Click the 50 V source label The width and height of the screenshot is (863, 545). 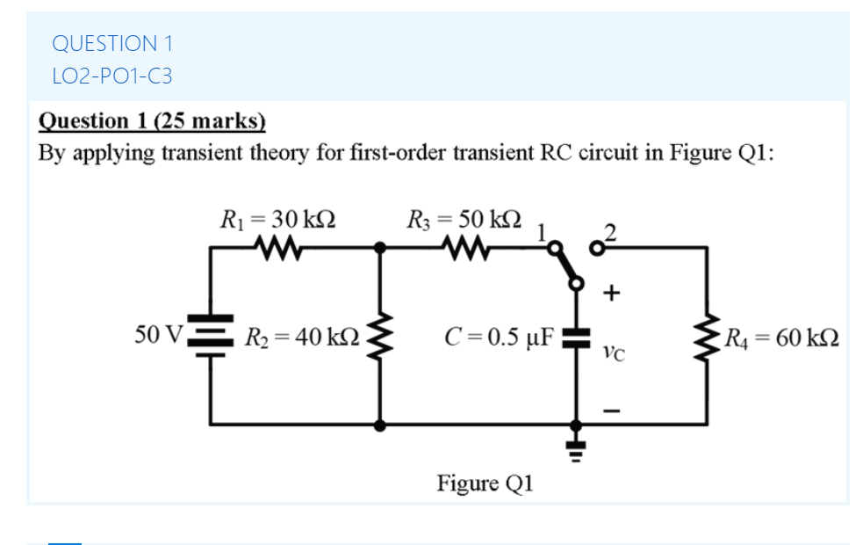click(158, 335)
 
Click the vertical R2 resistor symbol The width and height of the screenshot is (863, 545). click(380, 337)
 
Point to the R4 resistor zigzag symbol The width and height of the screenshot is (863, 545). click(708, 337)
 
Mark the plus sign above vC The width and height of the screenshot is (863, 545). click(613, 291)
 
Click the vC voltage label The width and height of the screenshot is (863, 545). click(614, 352)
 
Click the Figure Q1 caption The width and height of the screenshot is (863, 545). click(485, 483)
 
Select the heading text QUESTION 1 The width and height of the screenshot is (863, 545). click(112, 43)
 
